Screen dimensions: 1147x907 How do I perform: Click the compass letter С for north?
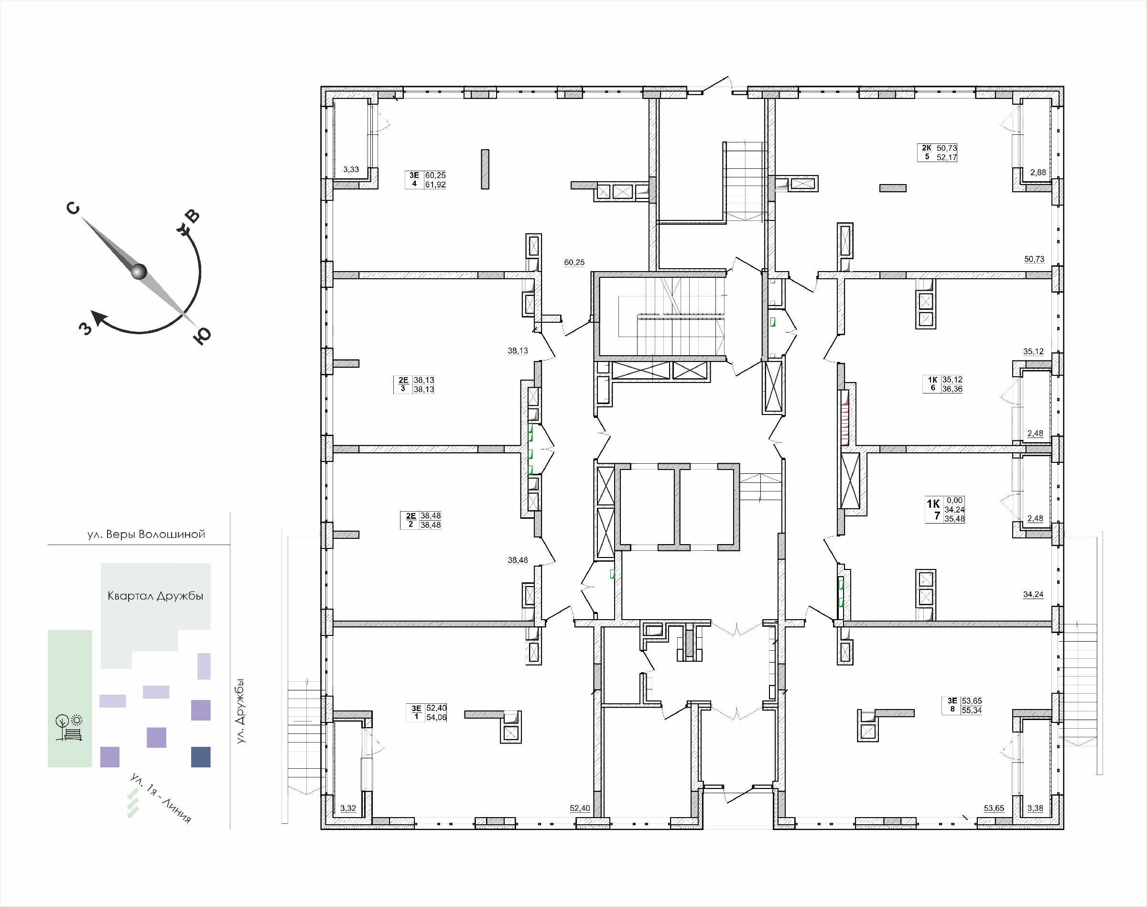click(x=73, y=208)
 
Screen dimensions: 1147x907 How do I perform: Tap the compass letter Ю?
click(x=202, y=336)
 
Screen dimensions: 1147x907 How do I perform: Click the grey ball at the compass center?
click(x=139, y=272)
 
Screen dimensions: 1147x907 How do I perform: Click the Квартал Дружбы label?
click(x=155, y=596)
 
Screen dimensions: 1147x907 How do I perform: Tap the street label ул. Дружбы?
click(x=240, y=711)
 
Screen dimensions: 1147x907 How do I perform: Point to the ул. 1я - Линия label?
click(x=161, y=798)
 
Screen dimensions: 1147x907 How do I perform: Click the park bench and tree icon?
click(x=69, y=727)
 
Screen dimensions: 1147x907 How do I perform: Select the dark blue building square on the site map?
click(x=201, y=757)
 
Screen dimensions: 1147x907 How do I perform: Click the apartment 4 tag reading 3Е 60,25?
click(x=426, y=179)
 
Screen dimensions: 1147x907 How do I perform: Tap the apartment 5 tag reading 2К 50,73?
click(x=937, y=153)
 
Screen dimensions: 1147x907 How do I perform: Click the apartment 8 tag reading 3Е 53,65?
click(x=962, y=705)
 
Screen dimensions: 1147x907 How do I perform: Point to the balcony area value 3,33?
click(x=351, y=169)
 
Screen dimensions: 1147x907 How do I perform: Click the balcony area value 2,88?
click(x=1038, y=172)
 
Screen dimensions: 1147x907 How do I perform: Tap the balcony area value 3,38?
click(x=1035, y=808)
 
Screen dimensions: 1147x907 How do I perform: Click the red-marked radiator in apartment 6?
click(x=844, y=418)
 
